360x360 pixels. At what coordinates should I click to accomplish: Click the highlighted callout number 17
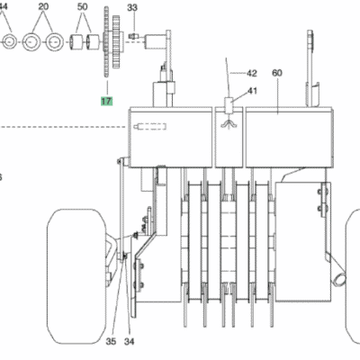(107, 102)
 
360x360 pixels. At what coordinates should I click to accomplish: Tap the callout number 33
(132, 8)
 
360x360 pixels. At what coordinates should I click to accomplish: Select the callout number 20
(41, 5)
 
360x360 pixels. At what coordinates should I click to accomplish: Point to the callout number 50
(83, 5)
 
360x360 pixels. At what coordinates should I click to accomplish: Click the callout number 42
(251, 72)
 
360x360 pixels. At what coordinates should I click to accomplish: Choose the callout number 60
(276, 72)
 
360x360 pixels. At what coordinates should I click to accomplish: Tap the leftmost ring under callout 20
(6, 41)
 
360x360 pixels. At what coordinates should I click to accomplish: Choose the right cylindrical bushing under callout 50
(91, 41)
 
